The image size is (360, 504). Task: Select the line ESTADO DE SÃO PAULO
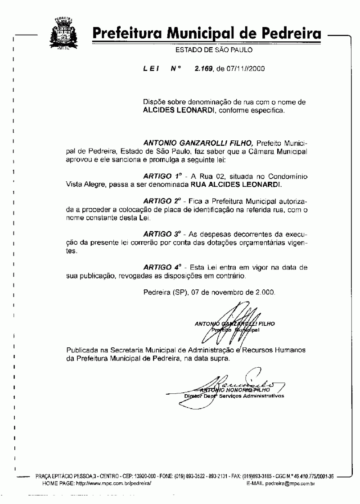[x=214, y=50]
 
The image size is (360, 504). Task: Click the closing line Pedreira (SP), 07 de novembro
[x=208, y=292]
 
